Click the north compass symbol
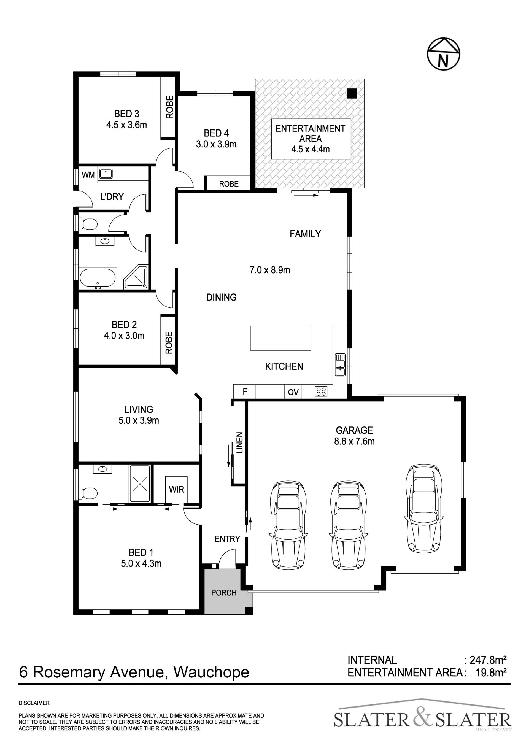pos(443,54)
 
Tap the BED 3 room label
pos(127,114)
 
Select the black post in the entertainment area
pos(352,93)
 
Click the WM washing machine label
pos(88,175)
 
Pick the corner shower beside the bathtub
pos(136,277)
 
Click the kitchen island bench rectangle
pos(280,338)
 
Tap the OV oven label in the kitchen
pos(293,392)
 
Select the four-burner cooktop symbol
pos(321,391)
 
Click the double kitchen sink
pos(340,364)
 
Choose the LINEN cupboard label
pos(239,443)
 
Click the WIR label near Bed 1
pos(177,489)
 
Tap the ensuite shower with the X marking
pos(140,484)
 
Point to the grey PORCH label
pos(224,593)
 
